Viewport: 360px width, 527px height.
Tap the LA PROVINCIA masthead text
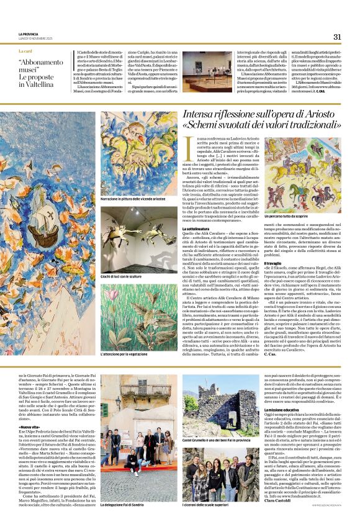pyautogui.click(x=29, y=34)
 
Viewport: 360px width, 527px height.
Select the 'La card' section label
pyautogui.click(x=25, y=50)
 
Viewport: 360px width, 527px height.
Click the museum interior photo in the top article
pyautogui.click(x=207, y=71)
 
